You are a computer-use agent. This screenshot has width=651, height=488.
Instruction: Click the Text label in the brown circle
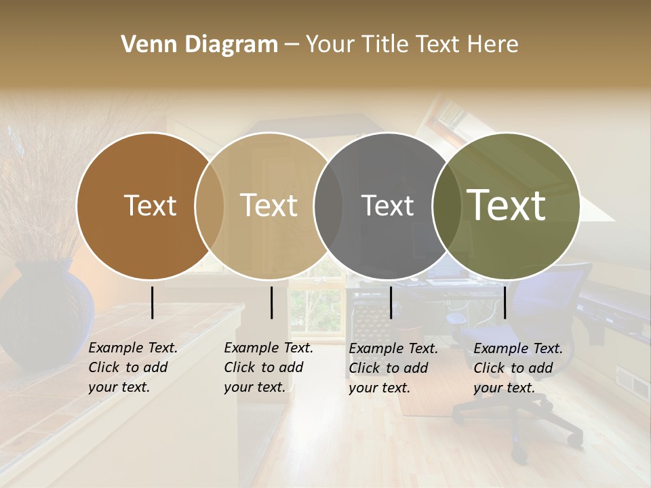pyautogui.click(x=150, y=205)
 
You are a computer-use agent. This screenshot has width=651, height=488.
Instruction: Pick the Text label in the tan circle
pyautogui.click(x=269, y=205)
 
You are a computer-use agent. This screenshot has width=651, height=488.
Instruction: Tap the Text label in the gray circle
pyautogui.click(x=387, y=205)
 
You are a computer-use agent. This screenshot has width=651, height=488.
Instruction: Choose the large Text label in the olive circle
pyautogui.click(x=507, y=205)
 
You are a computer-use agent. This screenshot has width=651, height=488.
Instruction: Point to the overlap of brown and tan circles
pyautogui.click(x=210, y=205)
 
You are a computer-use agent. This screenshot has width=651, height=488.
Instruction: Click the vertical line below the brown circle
pyautogui.click(x=152, y=302)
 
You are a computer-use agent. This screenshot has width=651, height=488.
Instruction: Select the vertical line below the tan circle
pyautogui.click(x=271, y=302)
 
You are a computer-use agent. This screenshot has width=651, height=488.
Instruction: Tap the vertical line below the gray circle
pyautogui.click(x=391, y=302)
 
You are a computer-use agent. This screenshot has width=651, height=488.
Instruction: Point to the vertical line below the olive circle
pyautogui.click(x=505, y=302)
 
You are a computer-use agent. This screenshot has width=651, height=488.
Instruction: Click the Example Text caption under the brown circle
pyautogui.click(x=132, y=367)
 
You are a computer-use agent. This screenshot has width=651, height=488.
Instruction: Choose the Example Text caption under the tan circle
pyautogui.click(x=268, y=367)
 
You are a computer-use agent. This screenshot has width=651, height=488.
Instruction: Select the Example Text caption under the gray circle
pyautogui.click(x=393, y=368)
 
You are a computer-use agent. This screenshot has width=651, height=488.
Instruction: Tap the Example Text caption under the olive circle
pyautogui.click(x=517, y=368)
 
